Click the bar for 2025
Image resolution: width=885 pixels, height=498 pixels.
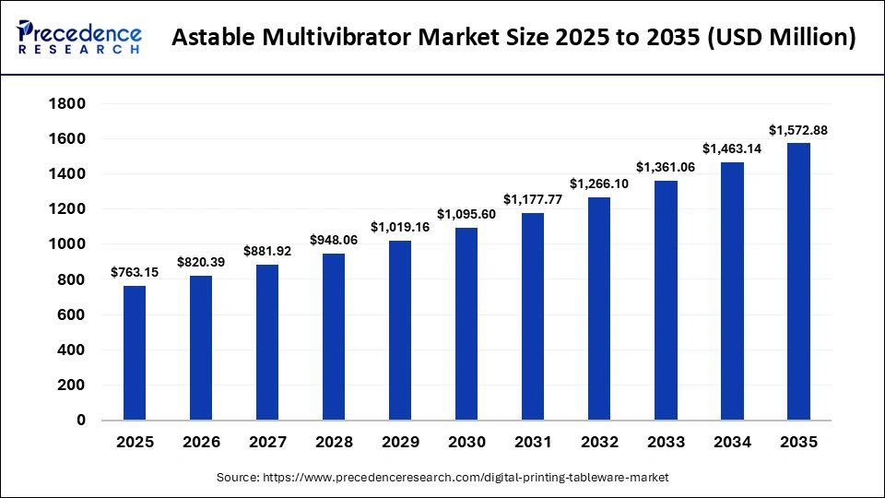click(135, 353)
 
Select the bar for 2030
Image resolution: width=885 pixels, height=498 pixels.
click(466, 324)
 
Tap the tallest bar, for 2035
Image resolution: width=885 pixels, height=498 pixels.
click(798, 281)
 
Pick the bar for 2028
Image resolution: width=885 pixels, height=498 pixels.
click(334, 337)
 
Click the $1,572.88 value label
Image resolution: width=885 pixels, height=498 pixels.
click(798, 131)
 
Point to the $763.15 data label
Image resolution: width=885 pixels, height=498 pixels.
click(135, 272)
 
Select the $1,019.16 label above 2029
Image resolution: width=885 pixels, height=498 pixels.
click(400, 227)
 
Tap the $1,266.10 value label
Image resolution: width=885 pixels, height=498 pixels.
click(599, 184)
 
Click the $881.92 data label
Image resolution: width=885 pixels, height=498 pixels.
click(267, 251)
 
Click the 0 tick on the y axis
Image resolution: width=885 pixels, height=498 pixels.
click(80, 421)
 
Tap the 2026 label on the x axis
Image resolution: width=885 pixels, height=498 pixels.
click(201, 443)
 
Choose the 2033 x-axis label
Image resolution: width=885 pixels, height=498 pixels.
click(666, 443)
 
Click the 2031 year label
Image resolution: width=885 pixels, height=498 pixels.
click(533, 443)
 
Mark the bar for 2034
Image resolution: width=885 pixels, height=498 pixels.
click(732, 291)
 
